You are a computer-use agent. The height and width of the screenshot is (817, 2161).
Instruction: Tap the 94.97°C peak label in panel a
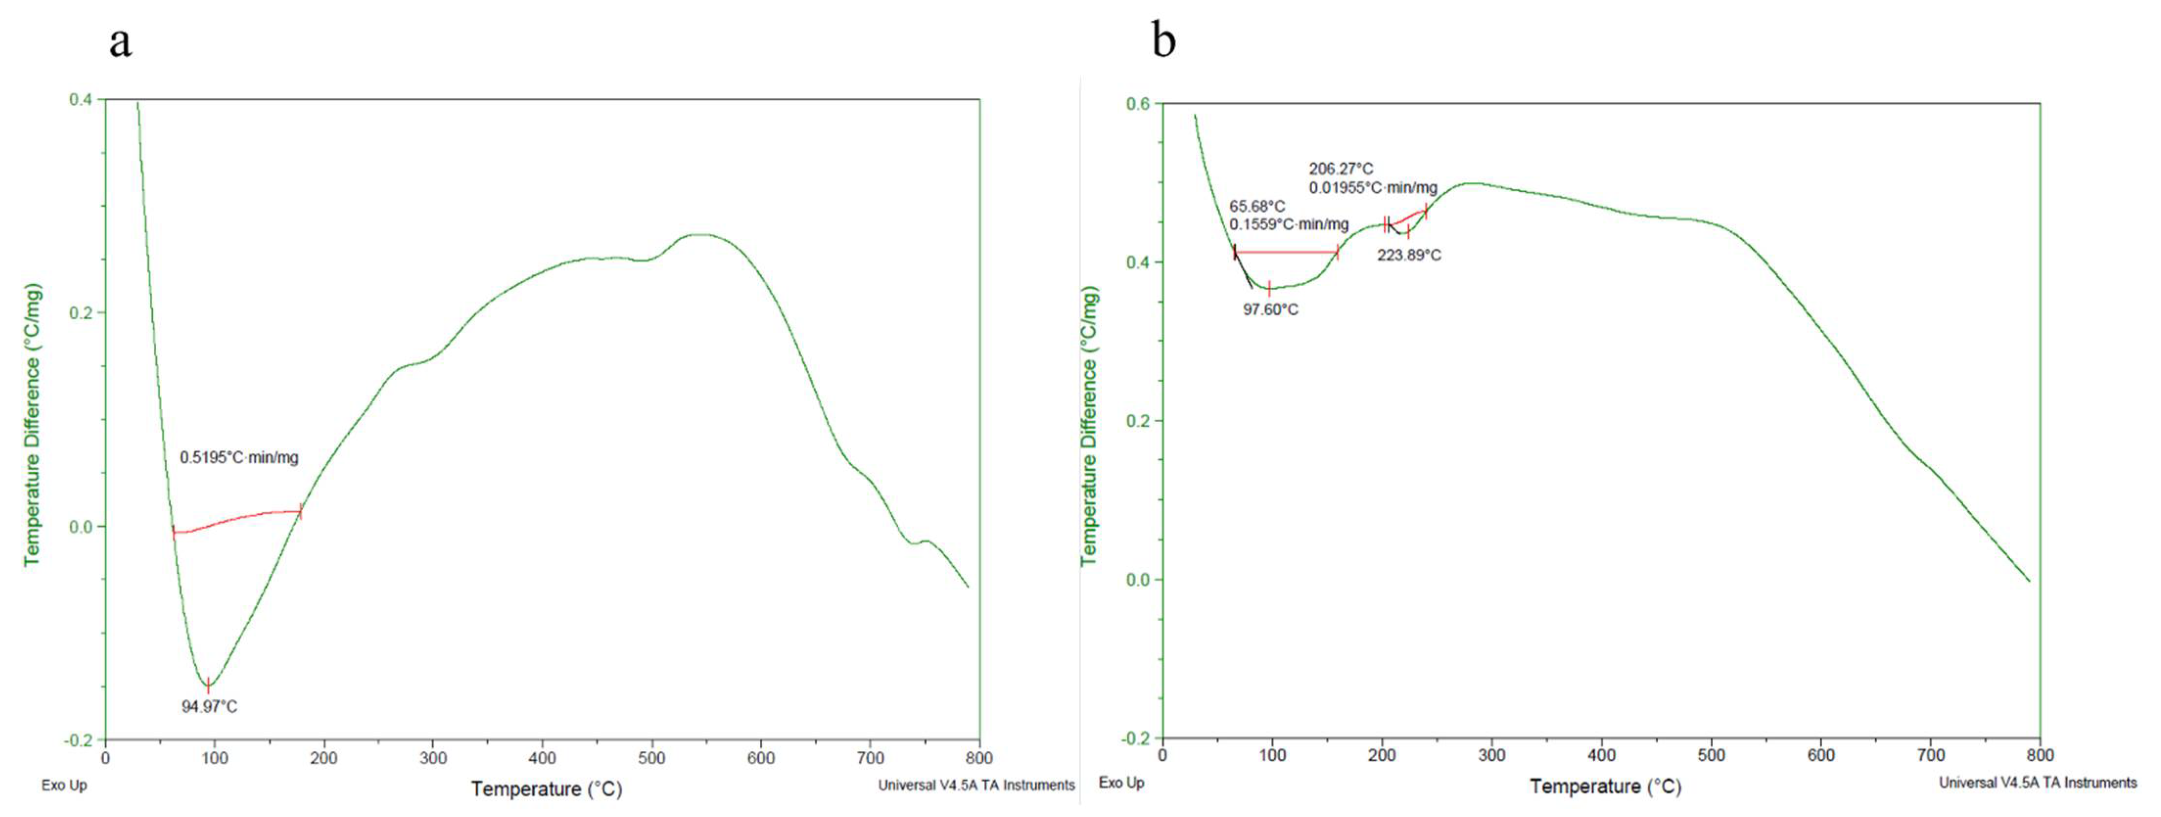tap(209, 706)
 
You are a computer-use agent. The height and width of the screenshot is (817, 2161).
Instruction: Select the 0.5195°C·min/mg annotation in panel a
tap(239, 457)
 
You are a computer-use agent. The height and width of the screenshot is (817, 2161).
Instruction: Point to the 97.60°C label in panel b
tap(1270, 310)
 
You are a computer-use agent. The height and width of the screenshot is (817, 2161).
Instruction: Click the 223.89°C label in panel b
tap(1409, 255)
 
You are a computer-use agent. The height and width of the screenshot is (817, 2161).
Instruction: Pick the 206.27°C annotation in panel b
tap(1342, 169)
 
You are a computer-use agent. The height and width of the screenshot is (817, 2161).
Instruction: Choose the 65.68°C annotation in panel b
tap(1256, 206)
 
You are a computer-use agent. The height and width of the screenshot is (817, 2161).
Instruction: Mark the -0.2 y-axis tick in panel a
tap(78, 740)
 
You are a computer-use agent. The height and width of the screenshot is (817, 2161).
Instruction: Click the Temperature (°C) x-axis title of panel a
tap(546, 789)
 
